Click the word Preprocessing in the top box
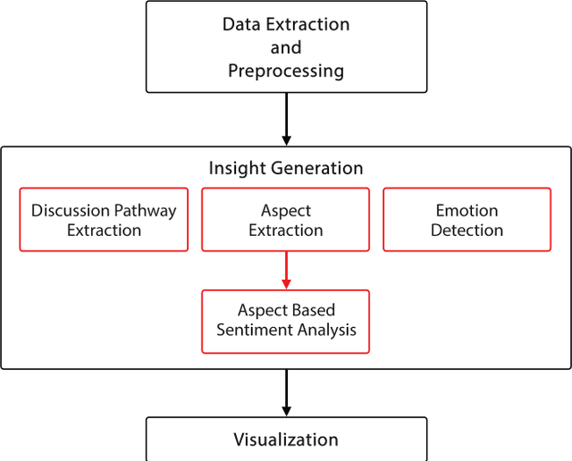pyautogui.click(x=286, y=71)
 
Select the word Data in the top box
pyautogui.click(x=242, y=24)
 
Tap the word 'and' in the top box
pyautogui.click(x=286, y=47)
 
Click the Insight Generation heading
pyautogui.click(x=286, y=168)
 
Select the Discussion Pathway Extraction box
pyautogui.click(x=104, y=220)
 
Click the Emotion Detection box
pyautogui.click(x=467, y=220)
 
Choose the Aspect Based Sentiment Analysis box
pyautogui.click(x=286, y=321)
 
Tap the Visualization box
pyautogui.click(x=286, y=440)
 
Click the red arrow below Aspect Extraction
pyautogui.click(x=286, y=270)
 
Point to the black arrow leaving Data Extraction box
pyautogui.click(x=286, y=119)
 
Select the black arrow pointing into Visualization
pyautogui.click(x=286, y=392)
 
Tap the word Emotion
pyautogui.click(x=467, y=211)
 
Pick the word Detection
pyautogui.click(x=467, y=230)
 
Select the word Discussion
pyautogui.click(x=71, y=211)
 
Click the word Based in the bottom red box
pyautogui.click(x=312, y=311)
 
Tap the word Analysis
pyautogui.click(x=326, y=331)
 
